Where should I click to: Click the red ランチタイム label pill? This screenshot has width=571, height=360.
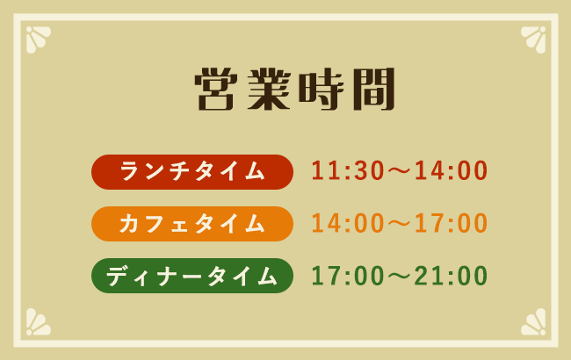point(192,172)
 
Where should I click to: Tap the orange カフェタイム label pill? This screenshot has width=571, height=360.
point(192,224)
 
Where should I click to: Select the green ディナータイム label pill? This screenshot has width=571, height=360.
point(192,276)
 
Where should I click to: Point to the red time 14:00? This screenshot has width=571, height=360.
point(452,172)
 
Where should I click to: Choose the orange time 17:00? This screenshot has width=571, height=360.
point(452,224)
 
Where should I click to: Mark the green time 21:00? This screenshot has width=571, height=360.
point(452,276)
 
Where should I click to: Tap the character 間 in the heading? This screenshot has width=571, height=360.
point(363,89)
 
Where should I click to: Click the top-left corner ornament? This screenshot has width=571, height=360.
point(37,38)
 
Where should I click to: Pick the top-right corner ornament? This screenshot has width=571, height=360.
point(534,38)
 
